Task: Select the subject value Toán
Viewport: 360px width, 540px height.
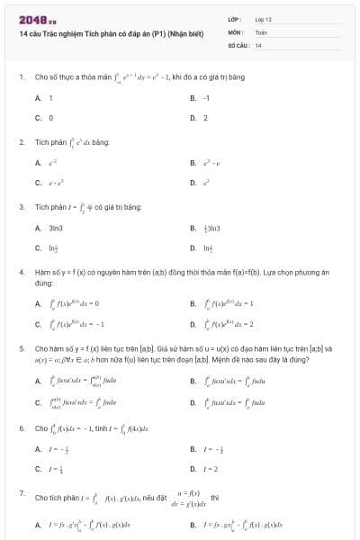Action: coord(262,31)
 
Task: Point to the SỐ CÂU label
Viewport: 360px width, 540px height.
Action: coord(238,44)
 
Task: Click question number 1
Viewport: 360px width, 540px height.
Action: coord(21,76)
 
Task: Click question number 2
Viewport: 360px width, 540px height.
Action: coord(21,142)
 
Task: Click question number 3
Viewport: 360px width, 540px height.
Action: coord(21,207)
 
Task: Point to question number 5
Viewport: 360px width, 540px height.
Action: coord(21,346)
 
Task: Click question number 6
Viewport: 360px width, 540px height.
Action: coord(21,428)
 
